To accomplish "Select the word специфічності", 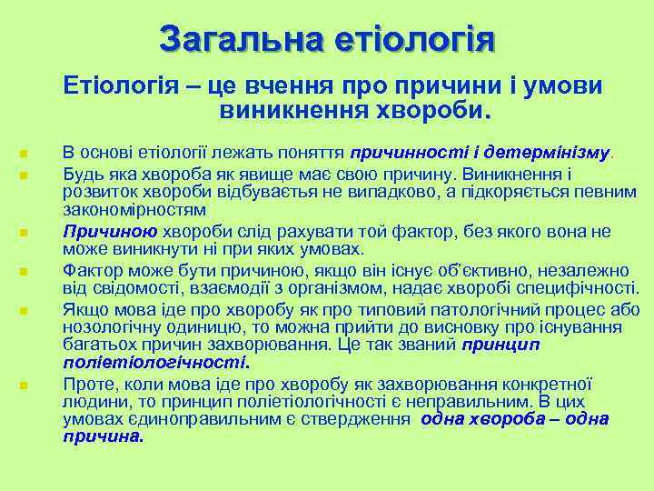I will [x=578, y=290].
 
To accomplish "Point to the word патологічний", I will [x=474, y=309].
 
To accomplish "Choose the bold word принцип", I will [x=500, y=345].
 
